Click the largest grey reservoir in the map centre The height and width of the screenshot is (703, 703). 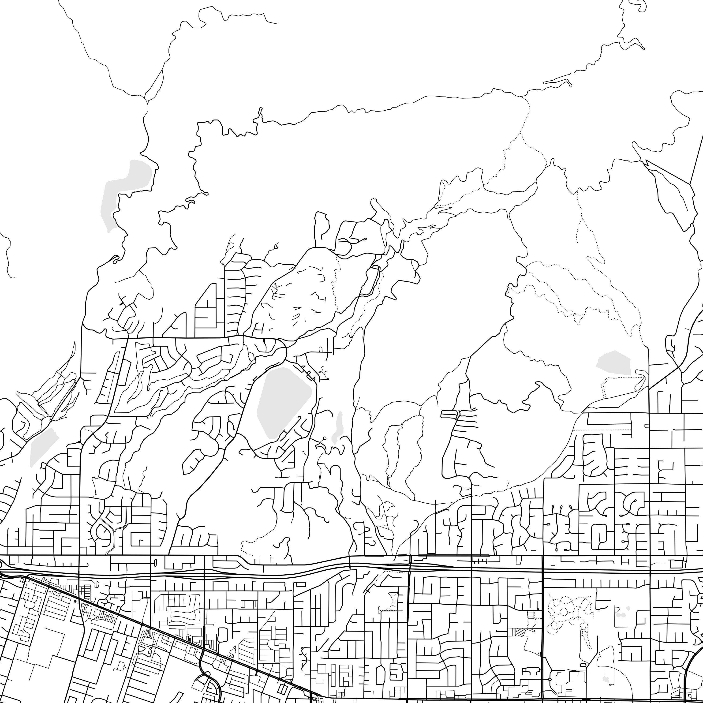coord(284,402)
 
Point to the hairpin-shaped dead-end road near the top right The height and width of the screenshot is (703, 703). coord(557,82)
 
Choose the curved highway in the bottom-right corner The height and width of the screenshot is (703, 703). coord(688,673)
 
